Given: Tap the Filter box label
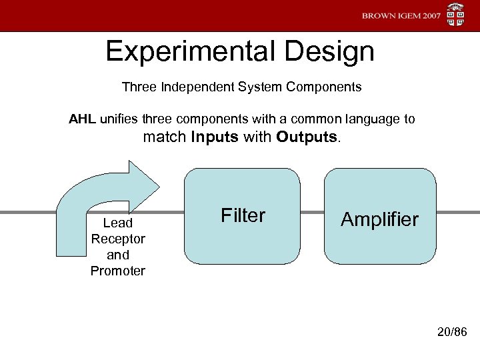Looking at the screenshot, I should click(x=243, y=215).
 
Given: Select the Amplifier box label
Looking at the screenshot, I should click(x=379, y=219).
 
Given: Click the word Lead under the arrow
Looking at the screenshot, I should click(x=118, y=223).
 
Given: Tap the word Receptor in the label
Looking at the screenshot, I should click(x=118, y=239).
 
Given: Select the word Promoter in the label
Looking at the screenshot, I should click(x=118, y=271).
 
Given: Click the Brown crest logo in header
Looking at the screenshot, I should click(x=456, y=16).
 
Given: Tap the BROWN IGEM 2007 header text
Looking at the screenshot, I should click(x=401, y=16).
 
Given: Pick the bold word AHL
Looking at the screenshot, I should click(x=83, y=119).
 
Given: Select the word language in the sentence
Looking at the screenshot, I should click(x=373, y=119).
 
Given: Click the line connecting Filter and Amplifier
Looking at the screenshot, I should click(x=313, y=214).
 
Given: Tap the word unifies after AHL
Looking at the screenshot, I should click(x=117, y=119).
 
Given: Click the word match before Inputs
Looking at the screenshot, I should click(x=165, y=138).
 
